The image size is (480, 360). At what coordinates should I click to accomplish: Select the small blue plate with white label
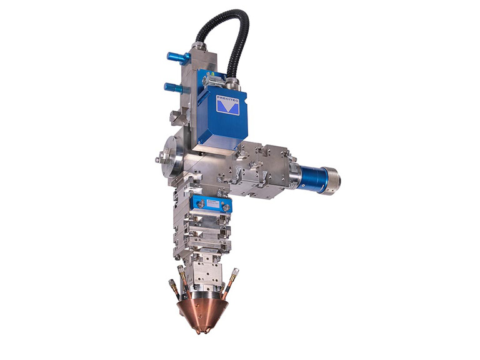[x=211, y=204]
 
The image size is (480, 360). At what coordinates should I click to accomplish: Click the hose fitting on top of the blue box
[x=232, y=82]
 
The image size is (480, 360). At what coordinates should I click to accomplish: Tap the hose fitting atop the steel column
[x=199, y=46]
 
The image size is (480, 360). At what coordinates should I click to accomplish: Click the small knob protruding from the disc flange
[x=155, y=159]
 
